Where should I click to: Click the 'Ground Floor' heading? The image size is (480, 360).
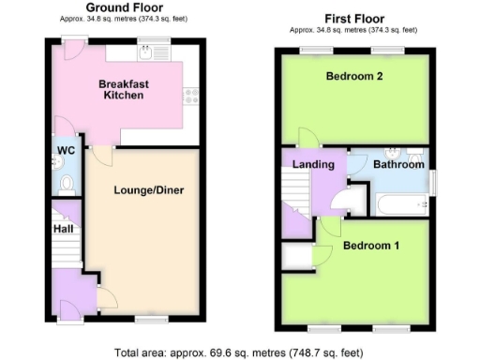122,8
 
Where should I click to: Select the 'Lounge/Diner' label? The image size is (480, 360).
149,190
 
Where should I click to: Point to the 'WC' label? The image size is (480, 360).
65,151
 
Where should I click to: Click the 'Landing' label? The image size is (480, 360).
313,165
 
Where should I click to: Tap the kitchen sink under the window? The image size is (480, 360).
146,53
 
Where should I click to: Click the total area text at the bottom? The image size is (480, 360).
239,352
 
